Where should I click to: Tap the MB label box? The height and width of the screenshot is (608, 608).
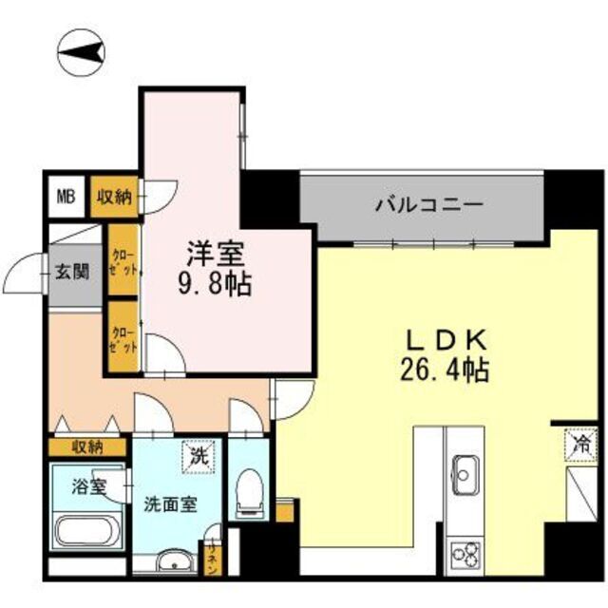tap(66, 197)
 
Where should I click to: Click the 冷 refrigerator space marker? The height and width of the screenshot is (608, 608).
tap(581, 442)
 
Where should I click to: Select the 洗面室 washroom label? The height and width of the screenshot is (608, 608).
tap(171, 503)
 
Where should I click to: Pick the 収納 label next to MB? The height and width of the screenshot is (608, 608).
tap(114, 198)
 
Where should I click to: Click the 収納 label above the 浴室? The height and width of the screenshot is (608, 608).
tap(88, 446)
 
